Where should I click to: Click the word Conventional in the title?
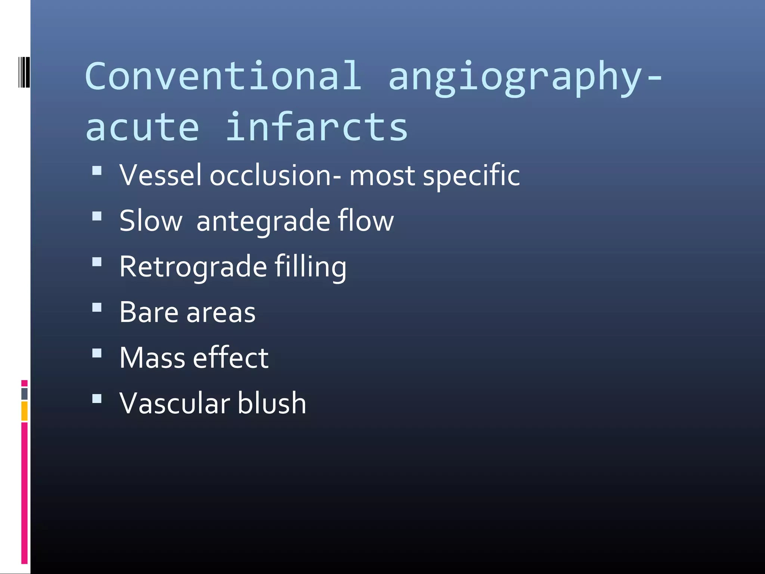223,76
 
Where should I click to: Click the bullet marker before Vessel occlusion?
97,171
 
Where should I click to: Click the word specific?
471,176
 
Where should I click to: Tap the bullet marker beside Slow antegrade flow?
97,216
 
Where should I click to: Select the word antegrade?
263,221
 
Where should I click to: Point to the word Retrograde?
193,267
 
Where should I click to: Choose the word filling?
310,267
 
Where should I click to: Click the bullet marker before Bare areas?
97,308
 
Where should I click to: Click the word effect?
231,358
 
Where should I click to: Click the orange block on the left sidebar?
24,411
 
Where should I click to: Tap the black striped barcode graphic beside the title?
24,72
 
